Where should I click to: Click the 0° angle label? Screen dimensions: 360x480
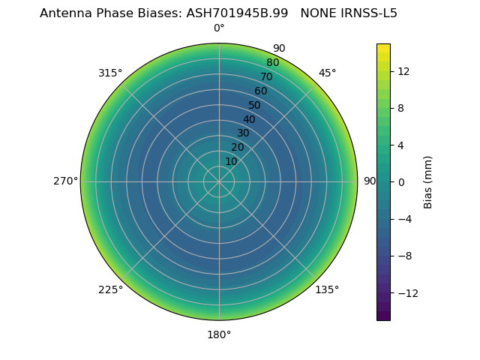click(x=219, y=28)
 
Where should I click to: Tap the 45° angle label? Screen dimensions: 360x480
click(x=327, y=73)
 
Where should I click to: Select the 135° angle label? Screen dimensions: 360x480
click(x=327, y=289)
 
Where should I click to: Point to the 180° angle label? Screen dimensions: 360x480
click(x=219, y=334)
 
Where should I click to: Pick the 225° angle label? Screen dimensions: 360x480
click(x=110, y=289)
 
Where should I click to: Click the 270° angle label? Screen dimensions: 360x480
click(x=65, y=181)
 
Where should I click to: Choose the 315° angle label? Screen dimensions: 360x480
click(x=110, y=73)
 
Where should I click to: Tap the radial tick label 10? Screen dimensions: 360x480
click(x=231, y=161)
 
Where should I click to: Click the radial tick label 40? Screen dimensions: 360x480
click(x=249, y=119)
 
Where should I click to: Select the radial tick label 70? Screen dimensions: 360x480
click(x=266, y=76)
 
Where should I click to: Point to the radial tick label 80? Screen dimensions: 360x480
click(x=272, y=63)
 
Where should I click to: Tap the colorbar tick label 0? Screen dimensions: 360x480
click(x=401, y=181)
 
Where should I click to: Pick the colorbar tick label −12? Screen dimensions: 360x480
click(x=407, y=292)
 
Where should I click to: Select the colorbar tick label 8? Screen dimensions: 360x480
click(x=401, y=108)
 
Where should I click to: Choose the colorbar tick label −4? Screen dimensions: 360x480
click(x=404, y=219)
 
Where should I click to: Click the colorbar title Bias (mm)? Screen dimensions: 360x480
click(x=428, y=181)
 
